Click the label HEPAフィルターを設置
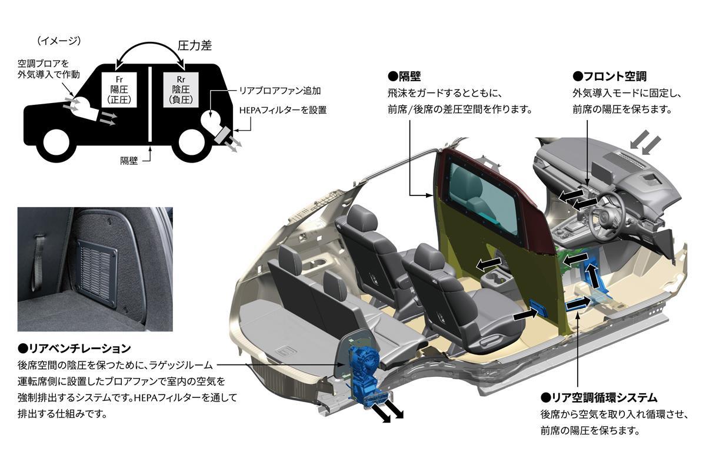coord(282,110)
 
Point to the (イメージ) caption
coord(58,41)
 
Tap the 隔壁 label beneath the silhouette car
coord(129,160)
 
